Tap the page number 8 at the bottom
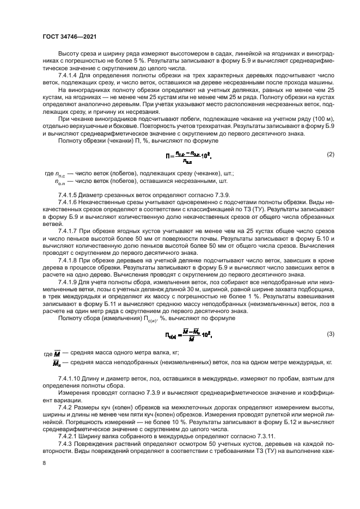click(45, 463)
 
